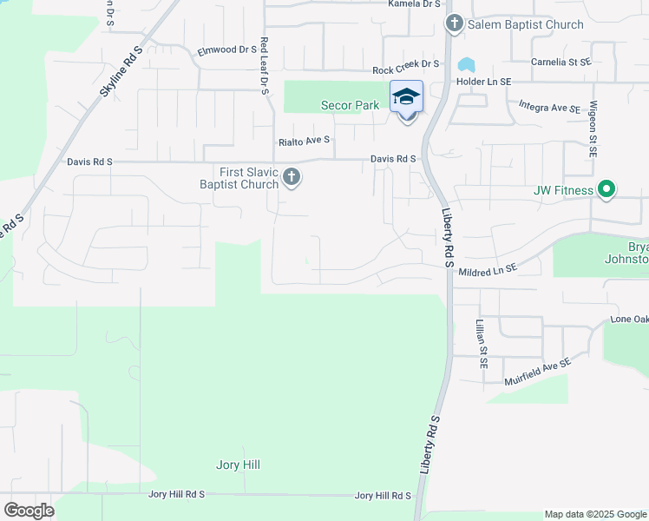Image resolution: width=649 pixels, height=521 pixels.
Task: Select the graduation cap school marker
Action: (x=406, y=98)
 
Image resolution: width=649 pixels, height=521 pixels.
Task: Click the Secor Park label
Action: (x=351, y=105)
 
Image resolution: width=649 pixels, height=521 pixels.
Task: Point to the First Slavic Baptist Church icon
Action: (x=292, y=178)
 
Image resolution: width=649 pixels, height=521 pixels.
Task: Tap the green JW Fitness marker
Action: (x=607, y=189)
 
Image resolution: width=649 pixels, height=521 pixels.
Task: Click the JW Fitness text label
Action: (x=564, y=190)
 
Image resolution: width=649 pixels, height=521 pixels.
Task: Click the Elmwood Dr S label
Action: (x=222, y=50)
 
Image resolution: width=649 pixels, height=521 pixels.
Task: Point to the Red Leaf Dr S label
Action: (x=264, y=64)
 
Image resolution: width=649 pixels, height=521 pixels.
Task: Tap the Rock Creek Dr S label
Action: (x=406, y=65)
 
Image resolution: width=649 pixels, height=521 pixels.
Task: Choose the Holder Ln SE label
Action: (x=484, y=81)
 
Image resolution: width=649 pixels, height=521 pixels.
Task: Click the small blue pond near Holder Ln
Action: (x=467, y=65)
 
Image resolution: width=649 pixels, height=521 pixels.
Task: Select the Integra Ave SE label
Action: (x=548, y=108)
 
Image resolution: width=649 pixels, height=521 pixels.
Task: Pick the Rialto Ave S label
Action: (x=304, y=140)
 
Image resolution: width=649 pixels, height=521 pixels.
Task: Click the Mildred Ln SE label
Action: (x=487, y=270)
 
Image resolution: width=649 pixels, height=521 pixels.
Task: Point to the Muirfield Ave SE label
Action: (x=537, y=372)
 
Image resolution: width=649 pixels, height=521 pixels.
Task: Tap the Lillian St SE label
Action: (x=480, y=344)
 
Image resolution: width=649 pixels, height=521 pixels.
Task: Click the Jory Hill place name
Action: (x=238, y=465)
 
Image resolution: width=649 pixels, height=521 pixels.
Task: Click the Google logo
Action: (x=29, y=511)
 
